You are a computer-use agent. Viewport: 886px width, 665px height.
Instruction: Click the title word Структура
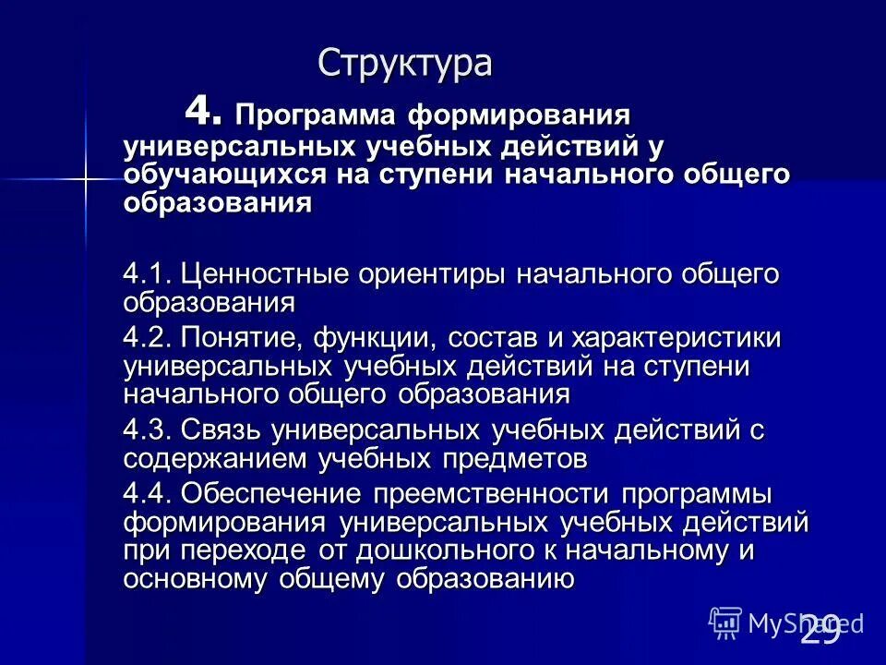[405, 64]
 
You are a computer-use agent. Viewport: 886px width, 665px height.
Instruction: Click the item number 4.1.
[148, 274]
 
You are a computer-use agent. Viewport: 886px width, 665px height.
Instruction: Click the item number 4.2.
[148, 337]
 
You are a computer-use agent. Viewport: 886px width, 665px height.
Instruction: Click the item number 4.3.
[148, 429]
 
